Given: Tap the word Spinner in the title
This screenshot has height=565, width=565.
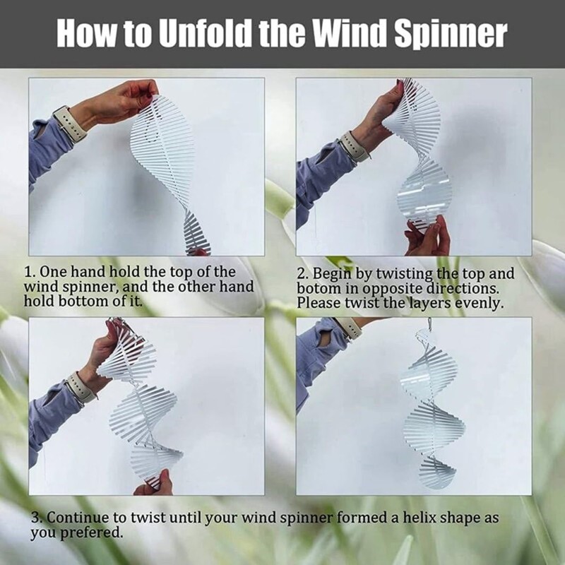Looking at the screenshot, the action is [451, 35].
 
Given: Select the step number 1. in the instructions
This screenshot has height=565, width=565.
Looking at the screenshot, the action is [29, 272].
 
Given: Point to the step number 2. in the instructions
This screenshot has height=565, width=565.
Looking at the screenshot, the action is [302, 274].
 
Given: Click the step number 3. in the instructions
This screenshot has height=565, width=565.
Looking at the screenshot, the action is [37, 518].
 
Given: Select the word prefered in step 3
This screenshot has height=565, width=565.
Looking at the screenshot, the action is [91, 533].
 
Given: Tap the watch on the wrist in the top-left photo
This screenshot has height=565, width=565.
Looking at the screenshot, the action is [69, 124].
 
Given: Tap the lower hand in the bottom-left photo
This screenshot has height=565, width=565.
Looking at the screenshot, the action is [154, 483].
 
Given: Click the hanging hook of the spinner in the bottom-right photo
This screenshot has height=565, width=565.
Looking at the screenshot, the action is [429, 324].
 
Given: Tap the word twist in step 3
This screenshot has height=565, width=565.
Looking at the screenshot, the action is [148, 518].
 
